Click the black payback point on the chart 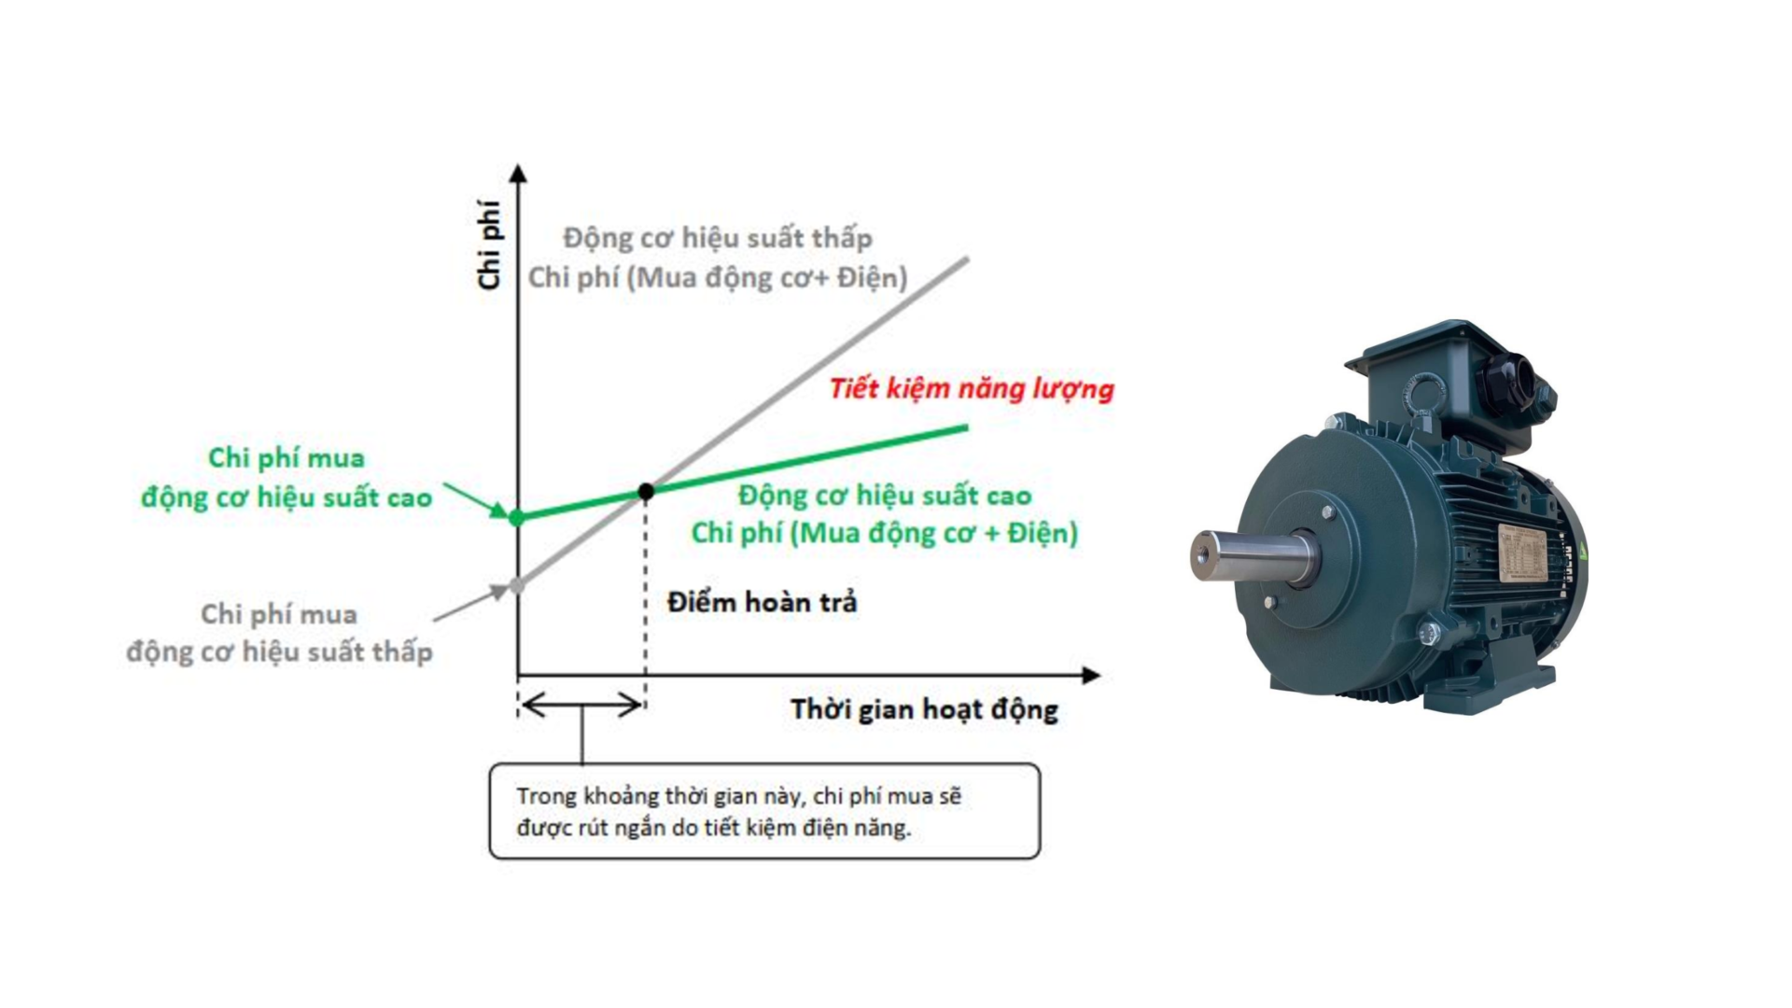(646, 491)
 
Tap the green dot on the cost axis (517, 517)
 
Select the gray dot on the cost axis (517, 586)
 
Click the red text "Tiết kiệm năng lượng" (972, 388)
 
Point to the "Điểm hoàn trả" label (762, 603)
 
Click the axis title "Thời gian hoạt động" (924, 709)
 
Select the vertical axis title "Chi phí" (489, 245)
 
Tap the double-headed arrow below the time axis (581, 705)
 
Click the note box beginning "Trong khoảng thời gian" (764, 811)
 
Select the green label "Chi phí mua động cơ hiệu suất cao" (287, 478)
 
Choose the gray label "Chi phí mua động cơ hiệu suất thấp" (279, 633)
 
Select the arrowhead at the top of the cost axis (519, 174)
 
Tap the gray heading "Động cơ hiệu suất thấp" (717, 238)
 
